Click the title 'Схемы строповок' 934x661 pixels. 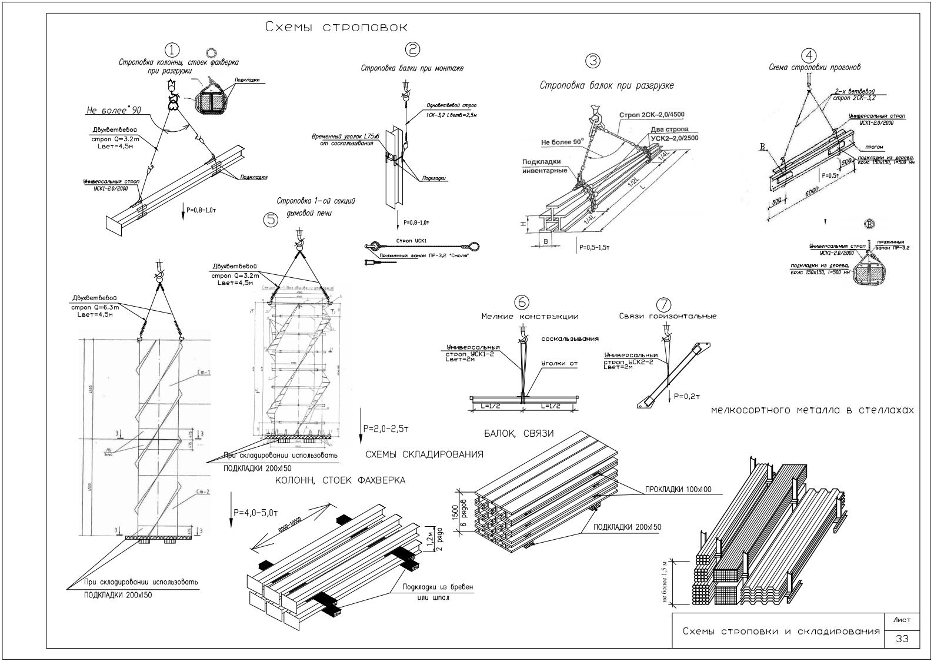(x=336, y=27)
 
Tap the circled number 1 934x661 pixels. (x=172, y=50)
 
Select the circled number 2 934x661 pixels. (x=413, y=49)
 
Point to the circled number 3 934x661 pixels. (x=593, y=61)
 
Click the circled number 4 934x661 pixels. (x=810, y=56)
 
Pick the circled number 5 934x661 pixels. (x=271, y=220)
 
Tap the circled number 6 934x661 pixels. (x=521, y=302)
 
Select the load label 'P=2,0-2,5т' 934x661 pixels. (x=386, y=428)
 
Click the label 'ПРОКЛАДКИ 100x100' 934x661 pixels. (x=678, y=489)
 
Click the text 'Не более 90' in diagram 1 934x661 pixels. (x=114, y=110)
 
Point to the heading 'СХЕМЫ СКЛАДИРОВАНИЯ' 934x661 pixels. (x=425, y=454)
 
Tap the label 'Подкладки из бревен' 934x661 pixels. (x=438, y=587)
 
